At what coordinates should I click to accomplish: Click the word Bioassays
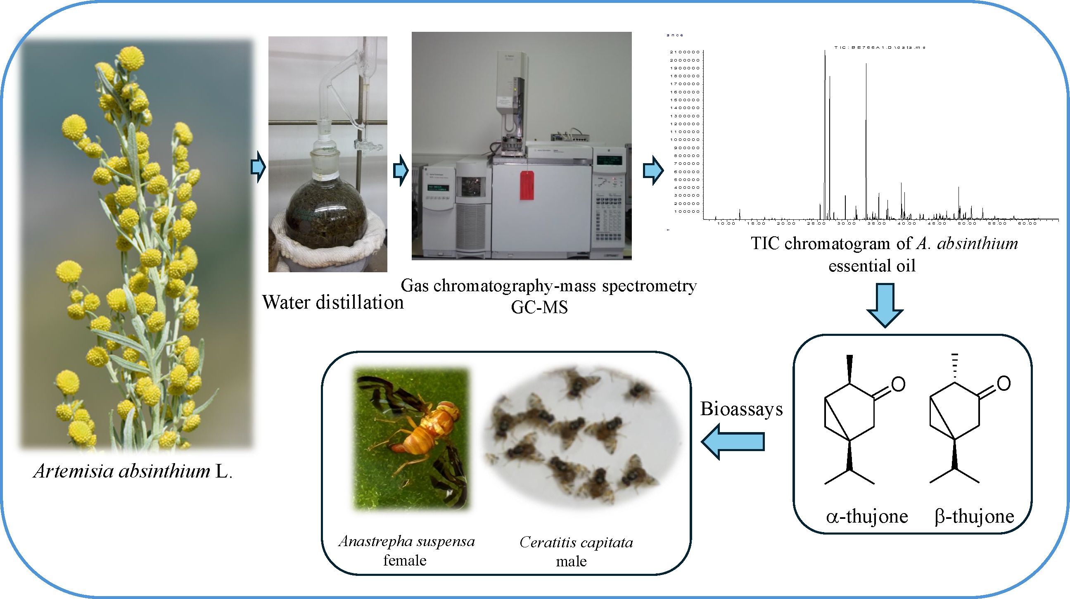741,409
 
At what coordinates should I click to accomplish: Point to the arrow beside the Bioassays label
733,441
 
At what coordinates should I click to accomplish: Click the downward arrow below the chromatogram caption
885,305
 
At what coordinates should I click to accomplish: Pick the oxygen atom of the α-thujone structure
898,384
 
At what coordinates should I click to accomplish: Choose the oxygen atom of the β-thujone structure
1004,383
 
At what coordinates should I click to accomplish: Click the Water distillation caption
333,302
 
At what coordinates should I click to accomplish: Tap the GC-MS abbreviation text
539,307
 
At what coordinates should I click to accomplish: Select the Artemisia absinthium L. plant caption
133,471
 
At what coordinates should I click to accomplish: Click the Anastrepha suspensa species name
407,542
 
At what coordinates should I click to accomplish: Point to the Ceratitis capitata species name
576,542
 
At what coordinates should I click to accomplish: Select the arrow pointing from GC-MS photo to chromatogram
652,170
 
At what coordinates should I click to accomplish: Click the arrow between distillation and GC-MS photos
401,170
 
